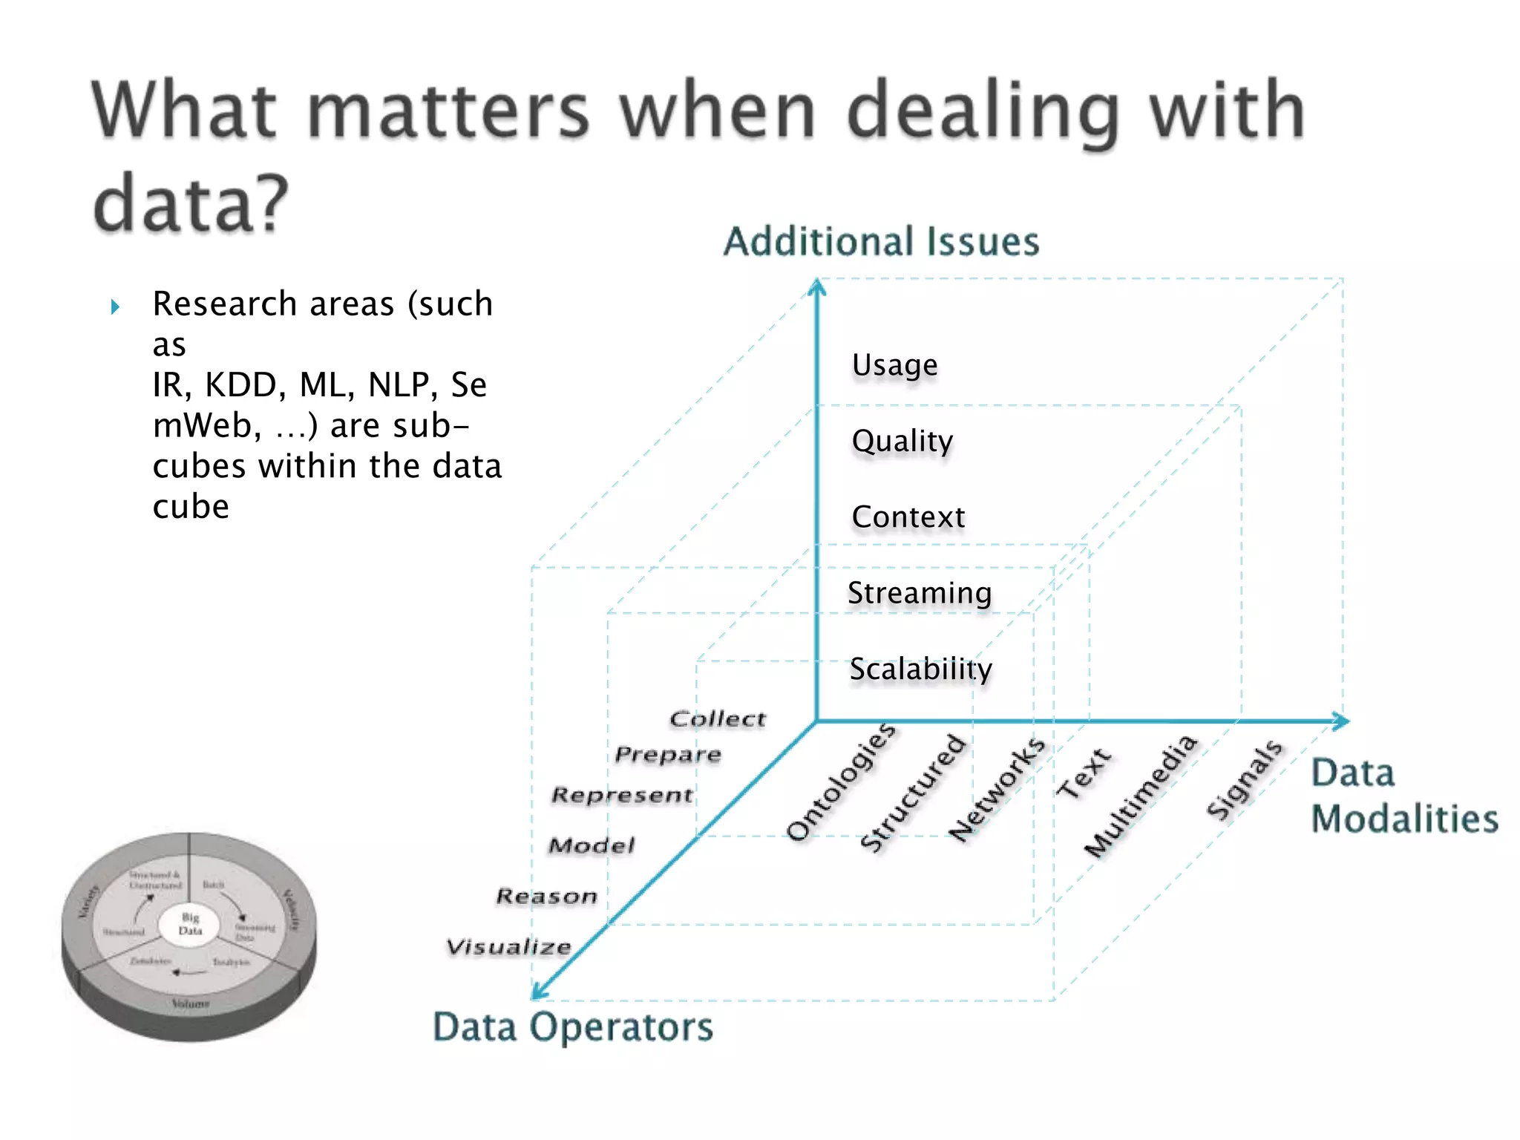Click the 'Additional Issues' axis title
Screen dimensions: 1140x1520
[881, 242]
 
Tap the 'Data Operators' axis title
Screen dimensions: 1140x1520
[572, 1027]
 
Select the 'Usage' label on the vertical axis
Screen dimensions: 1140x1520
[894, 365]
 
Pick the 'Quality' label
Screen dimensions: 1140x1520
[902, 442]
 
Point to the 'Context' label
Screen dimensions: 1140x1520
[908, 517]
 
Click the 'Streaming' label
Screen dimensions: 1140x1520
[919, 593]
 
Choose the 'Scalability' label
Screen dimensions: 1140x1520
[920, 669]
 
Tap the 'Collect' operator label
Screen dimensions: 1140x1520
[717, 718]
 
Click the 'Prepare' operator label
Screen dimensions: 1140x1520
[667, 755]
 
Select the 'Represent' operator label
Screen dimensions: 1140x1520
[622, 795]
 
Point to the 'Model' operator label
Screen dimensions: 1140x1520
[592, 845]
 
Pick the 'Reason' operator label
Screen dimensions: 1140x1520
[546, 897]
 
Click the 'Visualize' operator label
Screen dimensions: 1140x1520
[508, 947]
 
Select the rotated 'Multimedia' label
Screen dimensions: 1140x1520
[1140, 795]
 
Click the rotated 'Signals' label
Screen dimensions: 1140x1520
[1244, 779]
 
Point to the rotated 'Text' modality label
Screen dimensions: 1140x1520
[1084, 773]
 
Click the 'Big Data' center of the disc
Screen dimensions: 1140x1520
[190, 924]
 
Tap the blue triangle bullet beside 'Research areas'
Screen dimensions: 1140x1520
[115, 306]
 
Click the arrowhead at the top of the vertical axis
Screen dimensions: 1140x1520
[817, 286]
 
